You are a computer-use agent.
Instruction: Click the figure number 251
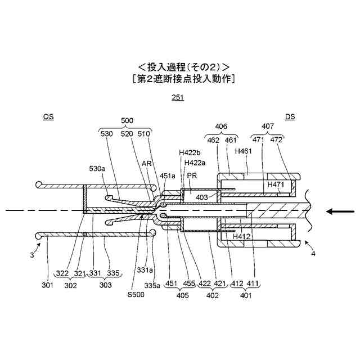(x=178, y=97)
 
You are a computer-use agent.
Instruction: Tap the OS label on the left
(x=49, y=117)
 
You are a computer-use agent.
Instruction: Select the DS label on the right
(x=290, y=117)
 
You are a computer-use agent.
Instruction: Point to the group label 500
(x=128, y=120)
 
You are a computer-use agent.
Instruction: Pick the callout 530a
(x=97, y=168)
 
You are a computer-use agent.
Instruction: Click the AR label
(x=147, y=163)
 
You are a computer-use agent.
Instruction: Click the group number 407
(x=268, y=127)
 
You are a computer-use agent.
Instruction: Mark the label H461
(x=244, y=151)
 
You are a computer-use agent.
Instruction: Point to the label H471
(x=276, y=184)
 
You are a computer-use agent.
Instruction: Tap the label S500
(x=136, y=294)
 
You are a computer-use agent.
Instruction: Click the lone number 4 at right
(x=313, y=253)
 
